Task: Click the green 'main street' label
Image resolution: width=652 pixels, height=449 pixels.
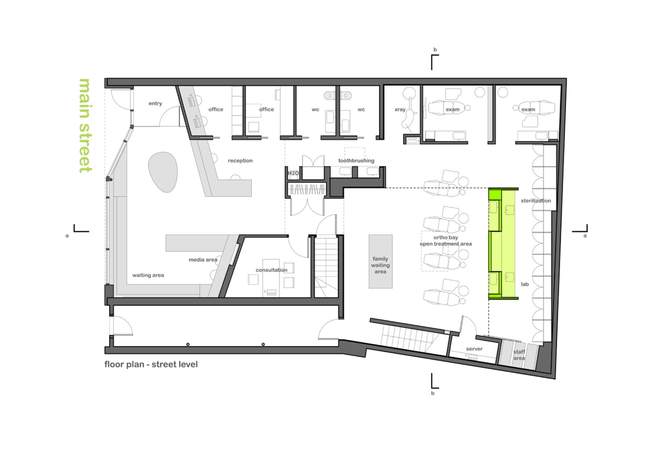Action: [85, 126]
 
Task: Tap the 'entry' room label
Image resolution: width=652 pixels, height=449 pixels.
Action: [155, 104]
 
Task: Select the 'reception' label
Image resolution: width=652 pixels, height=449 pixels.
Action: [240, 160]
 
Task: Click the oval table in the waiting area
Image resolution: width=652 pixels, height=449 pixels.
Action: [163, 172]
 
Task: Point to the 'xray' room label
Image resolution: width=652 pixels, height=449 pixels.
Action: [400, 109]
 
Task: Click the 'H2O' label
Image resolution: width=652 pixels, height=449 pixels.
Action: [293, 173]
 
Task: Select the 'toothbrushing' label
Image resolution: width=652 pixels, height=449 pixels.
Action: [356, 160]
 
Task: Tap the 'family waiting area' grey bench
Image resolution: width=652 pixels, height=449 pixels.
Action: [380, 261]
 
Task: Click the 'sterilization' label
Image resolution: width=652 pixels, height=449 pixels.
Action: [535, 201]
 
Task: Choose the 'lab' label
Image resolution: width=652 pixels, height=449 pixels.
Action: [524, 284]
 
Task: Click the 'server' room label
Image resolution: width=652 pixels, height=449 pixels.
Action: [474, 349]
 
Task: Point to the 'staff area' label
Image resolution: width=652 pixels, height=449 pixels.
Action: [519, 355]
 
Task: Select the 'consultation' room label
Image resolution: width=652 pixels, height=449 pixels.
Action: [271, 270]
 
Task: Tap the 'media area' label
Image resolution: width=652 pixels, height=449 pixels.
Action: [203, 260]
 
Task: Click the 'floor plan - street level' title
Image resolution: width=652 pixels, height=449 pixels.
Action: [151, 364]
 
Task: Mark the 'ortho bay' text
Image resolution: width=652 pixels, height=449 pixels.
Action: [446, 238]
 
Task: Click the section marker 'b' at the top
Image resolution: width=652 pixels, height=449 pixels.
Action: [435, 50]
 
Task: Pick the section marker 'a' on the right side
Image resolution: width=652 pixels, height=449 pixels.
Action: [585, 236]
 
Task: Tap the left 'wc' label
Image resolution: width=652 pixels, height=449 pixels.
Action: [315, 109]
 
